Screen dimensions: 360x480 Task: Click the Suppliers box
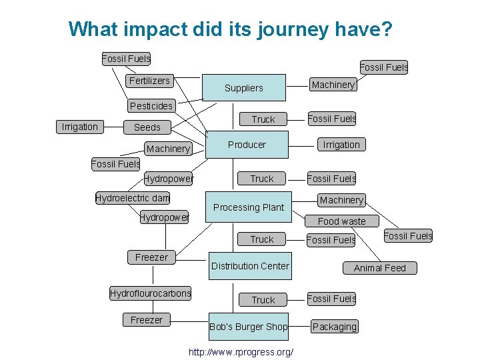pyautogui.click(x=244, y=87)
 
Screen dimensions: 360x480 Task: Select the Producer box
pyautogui.click(x=247, y=145)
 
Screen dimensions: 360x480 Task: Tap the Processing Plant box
pyautogui.click(x=249, y=207)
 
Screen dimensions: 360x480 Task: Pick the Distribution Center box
pyautogui.click(x=250, y=266)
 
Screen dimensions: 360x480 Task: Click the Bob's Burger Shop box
pyautogui.click(x=249, y=327)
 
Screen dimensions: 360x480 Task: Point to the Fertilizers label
pyautogui.click(x=149, y=81)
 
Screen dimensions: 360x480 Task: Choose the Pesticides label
pyautogui.click(x=151, y=105)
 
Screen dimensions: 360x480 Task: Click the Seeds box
pyautogui.click(x=147, y=127)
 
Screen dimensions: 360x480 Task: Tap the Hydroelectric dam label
pyautogui.click(x=133, y=198)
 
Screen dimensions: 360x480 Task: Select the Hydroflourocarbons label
pyautogui.click(x=150, y=293)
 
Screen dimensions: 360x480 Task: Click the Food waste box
pyautogui.click(x=341, y=221)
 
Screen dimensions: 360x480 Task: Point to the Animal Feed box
pyautogui.click(x=379, y=268)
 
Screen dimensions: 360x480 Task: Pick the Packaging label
pyautogui.click(x=334, y=327)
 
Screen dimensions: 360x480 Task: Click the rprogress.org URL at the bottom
pyautogui.click(x=241, y=351)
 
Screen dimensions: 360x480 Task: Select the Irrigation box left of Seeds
pyautogui.click(x=79, y=127)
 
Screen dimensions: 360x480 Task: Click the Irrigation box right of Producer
pyautogui.click(x=341, y=145)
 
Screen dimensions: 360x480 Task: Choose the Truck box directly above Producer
pyautogui.click(x=263, y=119)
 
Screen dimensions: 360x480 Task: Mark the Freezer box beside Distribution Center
pyautogui.click(x=151, y=257)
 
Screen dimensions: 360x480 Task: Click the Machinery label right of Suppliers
pyautogui.click(x=333, y=85)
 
